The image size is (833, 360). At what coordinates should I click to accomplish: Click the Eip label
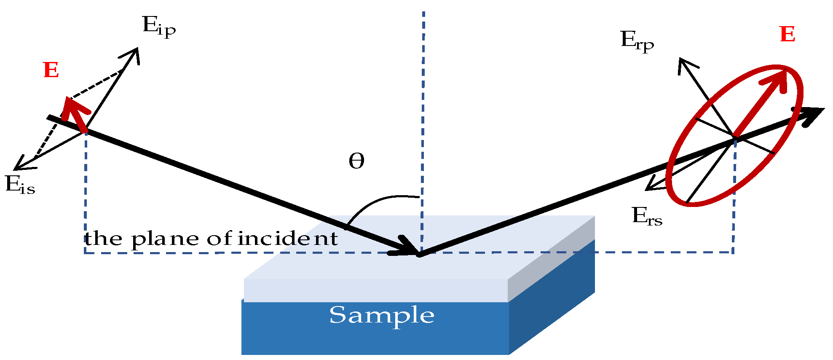click(158, 26)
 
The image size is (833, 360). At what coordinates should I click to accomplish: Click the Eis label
click(20, 185)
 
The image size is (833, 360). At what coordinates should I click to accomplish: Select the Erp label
click(637, 41)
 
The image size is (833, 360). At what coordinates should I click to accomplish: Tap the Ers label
click(647, 217)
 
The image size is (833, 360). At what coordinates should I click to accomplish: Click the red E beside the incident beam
click(51, 70)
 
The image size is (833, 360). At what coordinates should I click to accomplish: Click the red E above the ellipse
click(787, 35)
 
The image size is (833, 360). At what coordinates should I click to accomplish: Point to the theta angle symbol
click(356, 161)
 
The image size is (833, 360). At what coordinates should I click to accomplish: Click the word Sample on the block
click(381, 315)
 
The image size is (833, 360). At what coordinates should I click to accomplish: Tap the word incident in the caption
click(288, 239)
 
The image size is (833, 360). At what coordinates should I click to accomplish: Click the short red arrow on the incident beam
click(76, 114)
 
